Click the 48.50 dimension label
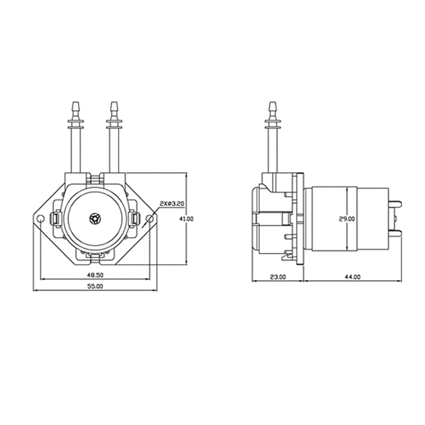pos(95,275)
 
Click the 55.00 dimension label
pos(95,286)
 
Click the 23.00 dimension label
pos(278,276)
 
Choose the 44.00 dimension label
pos(352,276)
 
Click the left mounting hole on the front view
pos(40,218)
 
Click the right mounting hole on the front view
pos(150,218)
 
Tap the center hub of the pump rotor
pos(95,218)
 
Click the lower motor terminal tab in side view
pos(395,233)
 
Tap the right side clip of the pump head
pos(135,218)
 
